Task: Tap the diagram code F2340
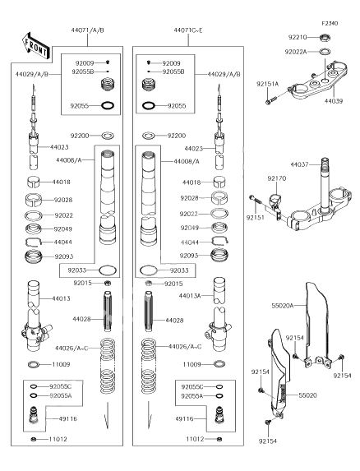(x=330, y=25)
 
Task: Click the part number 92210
(x=298, y=37)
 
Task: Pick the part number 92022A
(x=297, y=52)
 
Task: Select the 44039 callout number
(x=334, y=101)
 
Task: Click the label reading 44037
(x=299, y=165)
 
